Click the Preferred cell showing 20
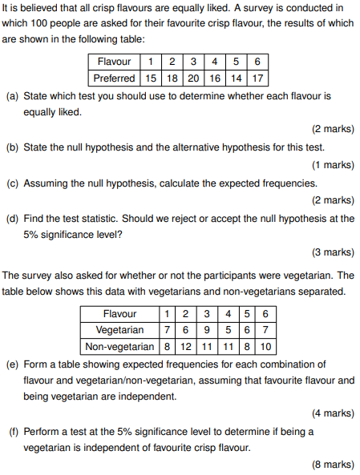tap(193, 78)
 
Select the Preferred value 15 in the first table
tap(150, 78)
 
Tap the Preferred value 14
tap(236, 78)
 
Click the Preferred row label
tap(114, 78)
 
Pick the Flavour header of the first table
tap(114, 62)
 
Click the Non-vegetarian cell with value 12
tap(185, 346)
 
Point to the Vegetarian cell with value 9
tap(208, 330)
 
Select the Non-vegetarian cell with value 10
tap(267, 346)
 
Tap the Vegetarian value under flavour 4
tap(229, 330)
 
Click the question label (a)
tap(13, 96)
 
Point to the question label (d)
tap(13, 218)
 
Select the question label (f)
tap(13, 431)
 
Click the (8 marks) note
tap(332, 464)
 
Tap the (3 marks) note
tap(332, 252)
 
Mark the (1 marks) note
tap(332, 165)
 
